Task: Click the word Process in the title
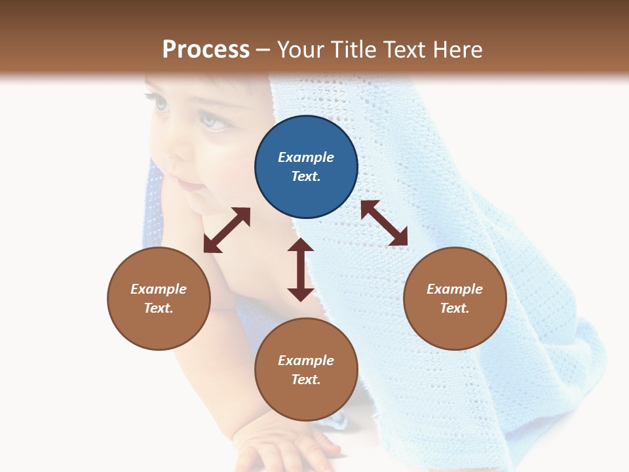tap(206, 50)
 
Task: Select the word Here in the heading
tap(456, 50)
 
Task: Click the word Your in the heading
tap(299, 50)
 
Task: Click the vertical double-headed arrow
tap(301, 269)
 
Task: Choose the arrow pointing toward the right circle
tap(384, 223)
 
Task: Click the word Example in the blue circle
tap(306, 157)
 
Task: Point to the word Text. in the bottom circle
tap(306, 380)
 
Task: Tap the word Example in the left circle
tap(159, 289)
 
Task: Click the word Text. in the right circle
tap(455, 308)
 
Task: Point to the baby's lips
tap(190, 187)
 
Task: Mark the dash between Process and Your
tap(263, 50)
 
